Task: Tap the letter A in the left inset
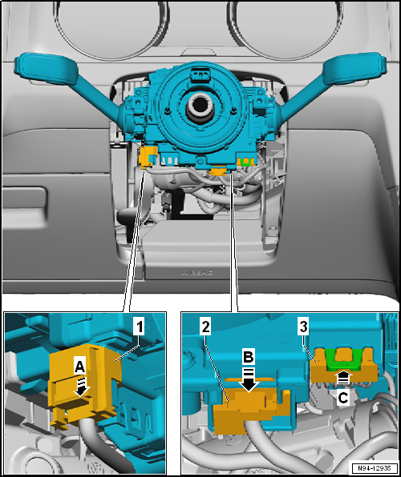(79, 365)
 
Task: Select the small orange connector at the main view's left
(146, 158)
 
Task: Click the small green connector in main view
(246, 163)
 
